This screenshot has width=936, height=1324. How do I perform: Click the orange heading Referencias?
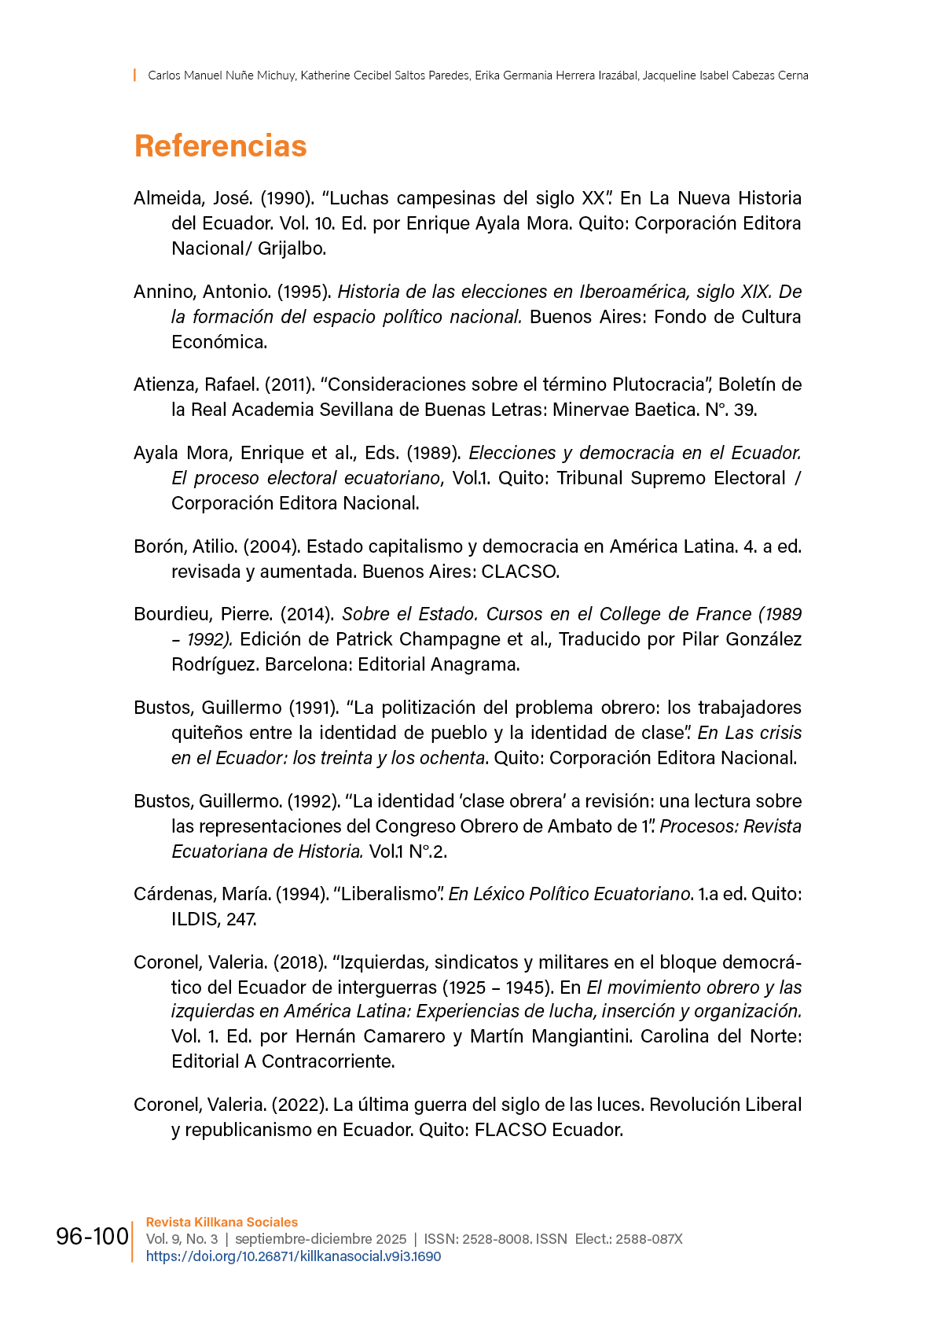click(x=220, y=146)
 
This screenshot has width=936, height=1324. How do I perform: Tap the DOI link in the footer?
click(x=293, y=1256)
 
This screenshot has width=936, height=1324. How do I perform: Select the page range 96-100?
click(x=92, y=1237)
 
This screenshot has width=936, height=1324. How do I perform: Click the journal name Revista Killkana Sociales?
click(x=222, y=1222)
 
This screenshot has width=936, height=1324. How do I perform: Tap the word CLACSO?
click(x=519, y=572)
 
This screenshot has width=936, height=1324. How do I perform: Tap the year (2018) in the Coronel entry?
click(x=299, y=962)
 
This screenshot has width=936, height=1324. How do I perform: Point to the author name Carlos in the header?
click(x=164, y=75)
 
